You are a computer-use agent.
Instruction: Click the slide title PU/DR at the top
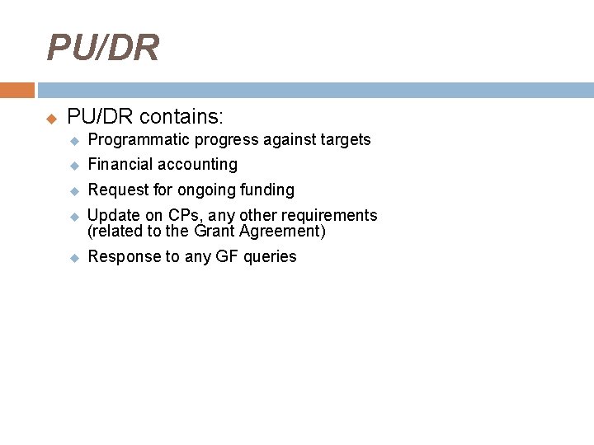tap(103, 49)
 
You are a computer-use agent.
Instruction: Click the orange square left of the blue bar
tap(16, 90)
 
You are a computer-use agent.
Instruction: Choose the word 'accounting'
tap(198, 165)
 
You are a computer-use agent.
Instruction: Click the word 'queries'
tap(270, 257)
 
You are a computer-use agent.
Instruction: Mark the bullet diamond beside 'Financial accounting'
tap(73, 166)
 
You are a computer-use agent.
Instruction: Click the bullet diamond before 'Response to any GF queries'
tap(73, 258)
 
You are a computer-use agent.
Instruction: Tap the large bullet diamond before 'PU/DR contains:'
tap(51, 117)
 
